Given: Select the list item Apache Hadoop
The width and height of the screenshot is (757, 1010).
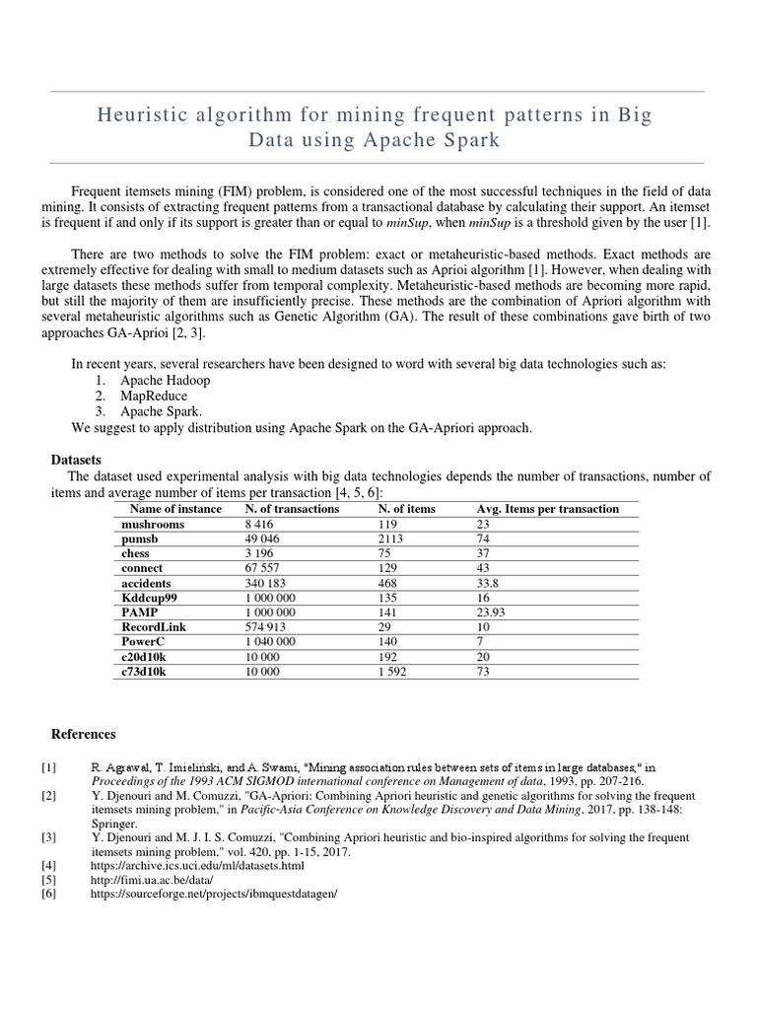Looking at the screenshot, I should pos(165,380).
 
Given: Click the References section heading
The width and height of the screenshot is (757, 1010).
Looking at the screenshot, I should pos(83,734).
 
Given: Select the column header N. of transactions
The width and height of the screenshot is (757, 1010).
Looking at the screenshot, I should pos(292,509).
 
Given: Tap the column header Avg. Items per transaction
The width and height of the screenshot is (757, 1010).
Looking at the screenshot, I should pos(547,509).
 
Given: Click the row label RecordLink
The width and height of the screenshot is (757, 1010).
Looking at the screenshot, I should pos(154,626).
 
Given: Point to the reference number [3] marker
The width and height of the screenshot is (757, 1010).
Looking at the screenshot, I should pos(49,836).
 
